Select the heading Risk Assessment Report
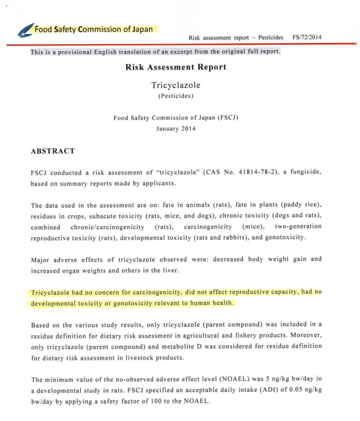(x=176, y=67)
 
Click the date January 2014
(x=176, y=128)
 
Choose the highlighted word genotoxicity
(x=126, y=303)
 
